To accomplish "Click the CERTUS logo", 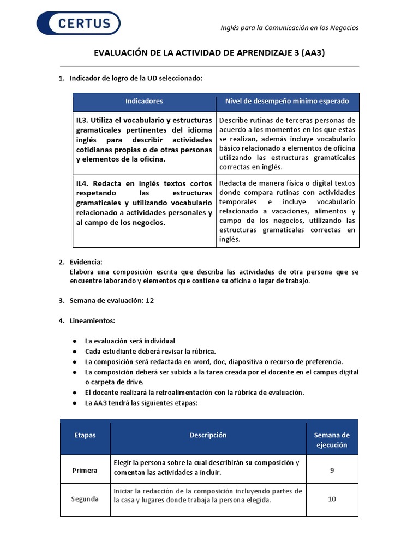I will [x=79, y=23].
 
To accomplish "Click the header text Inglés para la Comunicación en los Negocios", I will [x=289, y=28].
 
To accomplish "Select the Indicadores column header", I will [x=144, y=102].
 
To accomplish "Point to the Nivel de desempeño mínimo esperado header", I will [x=287, y=102].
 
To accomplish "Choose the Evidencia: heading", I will [x=86, y=262].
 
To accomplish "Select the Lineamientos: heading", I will [x=92, y=320].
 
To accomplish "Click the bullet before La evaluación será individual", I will [x=74, y=341].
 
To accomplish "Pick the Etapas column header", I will [x=85, y=435].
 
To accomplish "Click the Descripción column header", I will [x=208, y=435].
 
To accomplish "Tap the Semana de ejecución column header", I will [x=332, y=440].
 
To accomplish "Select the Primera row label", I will [x=85, y=471].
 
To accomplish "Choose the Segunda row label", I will [x=85, y=499].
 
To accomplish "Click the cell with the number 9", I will [x=332, y=471].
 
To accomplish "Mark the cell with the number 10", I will [x=332, y=499].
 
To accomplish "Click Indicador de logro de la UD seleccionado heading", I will [x=136, y=79].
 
